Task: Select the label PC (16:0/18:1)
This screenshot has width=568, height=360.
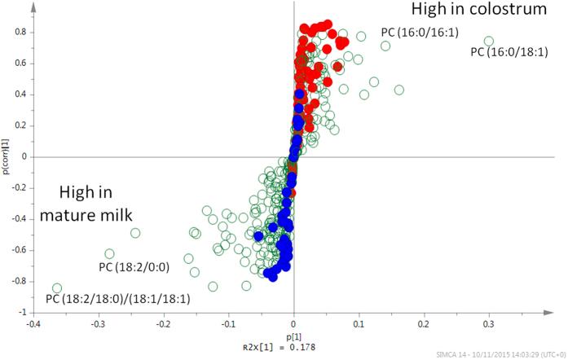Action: pyautogui.click(x=509, y=53)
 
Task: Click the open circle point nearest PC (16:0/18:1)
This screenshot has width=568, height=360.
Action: pyautogui.click(x=489, y=41)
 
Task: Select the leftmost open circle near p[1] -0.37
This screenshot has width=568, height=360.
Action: pyautogui.click(x=57, y=288)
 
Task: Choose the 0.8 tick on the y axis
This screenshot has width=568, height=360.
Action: pyautogui.click(x=20, y=33)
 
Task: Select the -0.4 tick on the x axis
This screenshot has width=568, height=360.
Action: pyautogui.click(x=33, y=323)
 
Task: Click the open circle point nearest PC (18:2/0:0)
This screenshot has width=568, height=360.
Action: pyautogui.click(x=135, y=233)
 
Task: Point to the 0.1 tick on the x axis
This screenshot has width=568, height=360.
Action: pyautogui.click(x=359, y=323)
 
